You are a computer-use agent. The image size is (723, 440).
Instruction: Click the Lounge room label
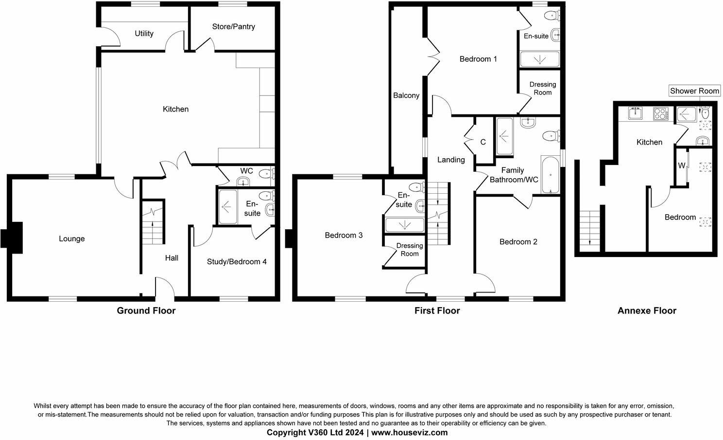71,238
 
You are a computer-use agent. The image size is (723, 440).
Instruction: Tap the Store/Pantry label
233,26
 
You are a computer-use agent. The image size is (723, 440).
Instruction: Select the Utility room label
144,33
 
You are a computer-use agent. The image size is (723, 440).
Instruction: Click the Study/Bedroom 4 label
237,261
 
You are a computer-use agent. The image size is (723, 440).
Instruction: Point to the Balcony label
406,95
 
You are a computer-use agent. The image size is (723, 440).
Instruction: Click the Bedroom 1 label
478,59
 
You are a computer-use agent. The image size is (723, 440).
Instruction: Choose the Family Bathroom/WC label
514,175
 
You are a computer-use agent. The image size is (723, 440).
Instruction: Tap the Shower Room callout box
694,91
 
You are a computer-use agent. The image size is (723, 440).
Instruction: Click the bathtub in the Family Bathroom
551,175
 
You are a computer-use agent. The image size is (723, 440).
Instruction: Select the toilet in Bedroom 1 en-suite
551,16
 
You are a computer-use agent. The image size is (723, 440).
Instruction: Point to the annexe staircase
590,229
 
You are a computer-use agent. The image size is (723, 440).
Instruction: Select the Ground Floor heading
146,311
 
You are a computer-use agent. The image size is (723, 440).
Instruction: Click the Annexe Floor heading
647,311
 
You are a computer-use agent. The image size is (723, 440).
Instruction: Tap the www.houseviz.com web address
409,432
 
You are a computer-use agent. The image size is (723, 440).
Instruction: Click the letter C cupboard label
482,142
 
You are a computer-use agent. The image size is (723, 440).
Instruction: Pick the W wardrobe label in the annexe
681,165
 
